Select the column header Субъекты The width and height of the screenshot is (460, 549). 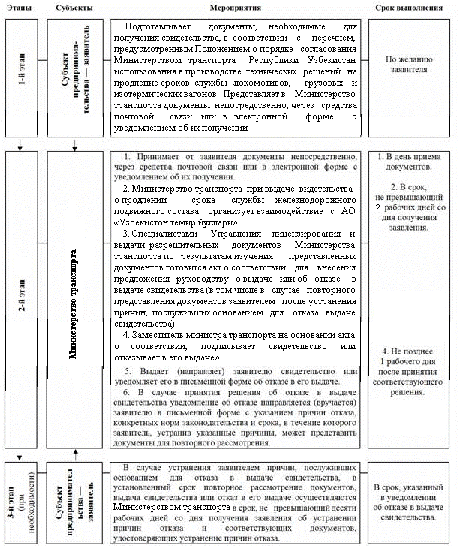pyautogui.click(x=74, y=6)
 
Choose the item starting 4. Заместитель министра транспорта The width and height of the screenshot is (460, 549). pyautogui.click(x=233, y=346)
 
